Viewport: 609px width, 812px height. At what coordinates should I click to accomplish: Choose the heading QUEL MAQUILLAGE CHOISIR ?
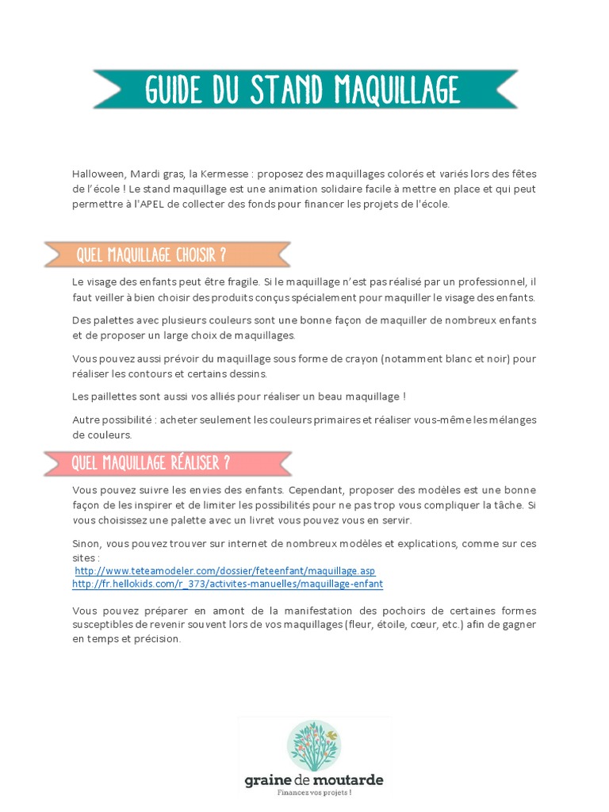[x=151, y=255]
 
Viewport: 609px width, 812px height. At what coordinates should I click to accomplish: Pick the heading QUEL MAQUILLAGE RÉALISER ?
[x=151, y=463]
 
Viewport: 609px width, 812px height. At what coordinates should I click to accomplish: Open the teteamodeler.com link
[x=224, y=570]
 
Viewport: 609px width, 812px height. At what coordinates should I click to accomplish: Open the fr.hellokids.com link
[x=228, y=584]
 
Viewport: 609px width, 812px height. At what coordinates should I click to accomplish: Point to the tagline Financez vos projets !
[x=314, y=792]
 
